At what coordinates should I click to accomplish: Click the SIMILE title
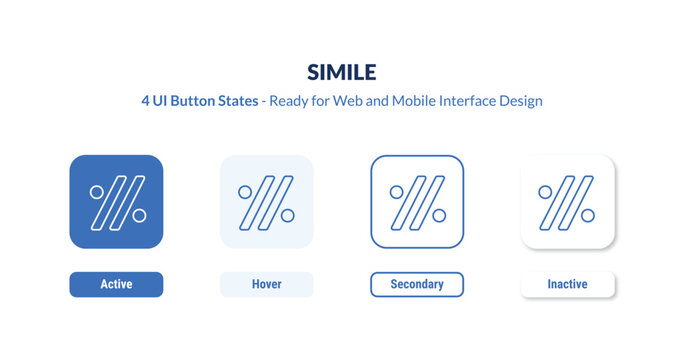coord(342,72)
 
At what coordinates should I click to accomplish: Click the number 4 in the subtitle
coord(146,102)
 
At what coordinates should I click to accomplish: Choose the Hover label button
coord(266,285)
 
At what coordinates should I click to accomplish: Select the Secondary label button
coord(417,285)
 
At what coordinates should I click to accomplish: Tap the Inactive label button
coord(567,285)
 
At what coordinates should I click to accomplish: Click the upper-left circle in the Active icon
coord(97,191)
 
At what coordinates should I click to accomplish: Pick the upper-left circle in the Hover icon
coord(246,191)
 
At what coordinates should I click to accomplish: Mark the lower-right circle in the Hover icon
coord(287,215)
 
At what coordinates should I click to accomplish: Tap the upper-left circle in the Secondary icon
coord(397,191)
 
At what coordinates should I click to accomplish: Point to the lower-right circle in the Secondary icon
coord(438,215)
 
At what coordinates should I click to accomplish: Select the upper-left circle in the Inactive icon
coord(547,191)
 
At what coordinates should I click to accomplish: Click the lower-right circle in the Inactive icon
coord(588,215)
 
